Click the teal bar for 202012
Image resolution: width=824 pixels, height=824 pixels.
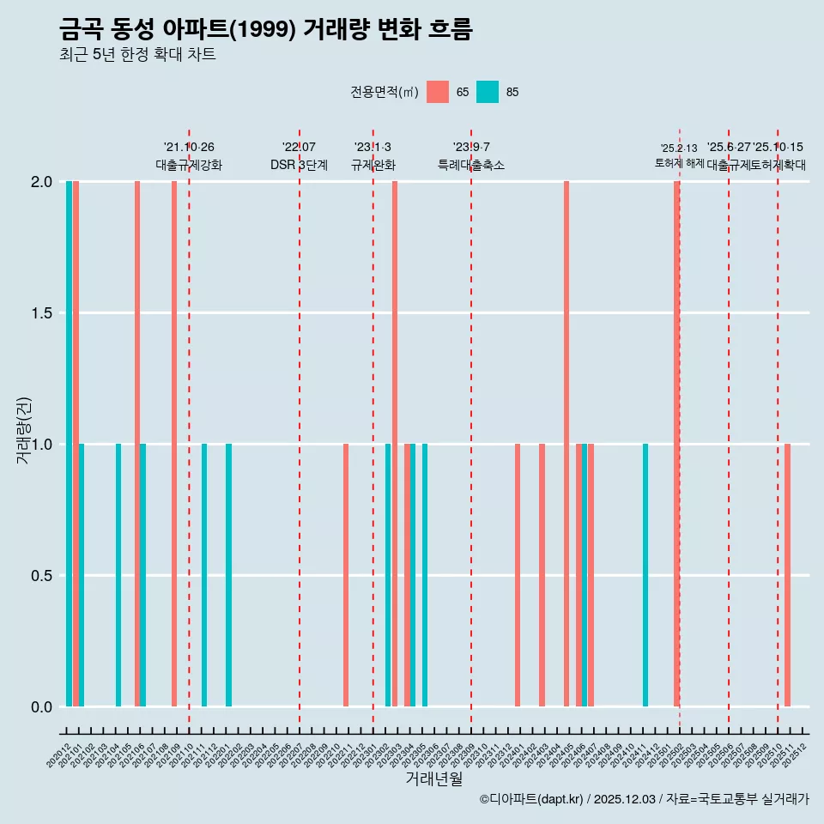pos(69,444)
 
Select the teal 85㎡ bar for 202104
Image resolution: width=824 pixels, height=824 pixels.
pos(118,575)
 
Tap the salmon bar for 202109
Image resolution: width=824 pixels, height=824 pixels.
pos(174,444)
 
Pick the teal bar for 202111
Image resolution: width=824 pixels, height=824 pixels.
pos(204,575)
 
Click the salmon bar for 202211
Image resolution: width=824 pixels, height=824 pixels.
pos(346,575)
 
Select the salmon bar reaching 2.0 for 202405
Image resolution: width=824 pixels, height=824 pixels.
pos(566,444)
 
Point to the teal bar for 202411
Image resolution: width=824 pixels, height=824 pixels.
pos(645,575)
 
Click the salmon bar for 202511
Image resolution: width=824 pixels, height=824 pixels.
pos(787,575)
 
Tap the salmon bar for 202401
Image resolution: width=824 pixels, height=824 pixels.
pos(518,575)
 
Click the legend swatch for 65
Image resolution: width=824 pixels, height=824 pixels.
pos(438,92)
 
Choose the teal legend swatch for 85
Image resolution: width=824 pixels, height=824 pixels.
pos(488,92)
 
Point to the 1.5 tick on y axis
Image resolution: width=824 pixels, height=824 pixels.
pos(40,313)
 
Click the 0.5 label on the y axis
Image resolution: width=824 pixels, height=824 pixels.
pos(40,575)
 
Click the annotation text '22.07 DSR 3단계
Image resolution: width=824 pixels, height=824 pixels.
pos(299,156)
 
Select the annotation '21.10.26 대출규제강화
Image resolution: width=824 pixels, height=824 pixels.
pos(189,156)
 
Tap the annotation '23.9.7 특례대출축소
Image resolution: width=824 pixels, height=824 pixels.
pos(471,156)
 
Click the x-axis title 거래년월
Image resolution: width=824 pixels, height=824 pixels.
pos(433,779)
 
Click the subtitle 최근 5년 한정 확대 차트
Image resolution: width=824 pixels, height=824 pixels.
pos(137,55)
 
